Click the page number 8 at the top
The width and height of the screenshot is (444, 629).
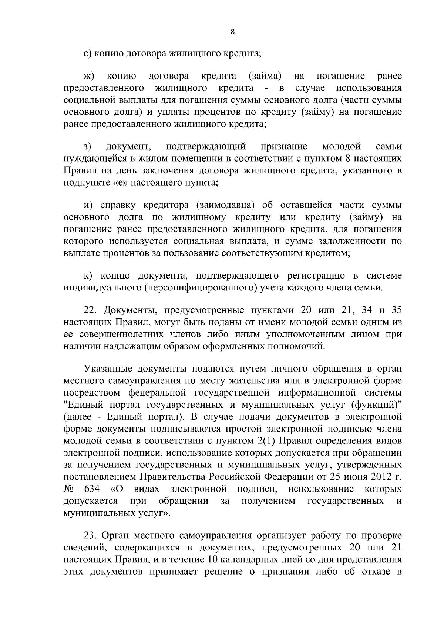232,32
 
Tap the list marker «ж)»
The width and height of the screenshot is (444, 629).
89,76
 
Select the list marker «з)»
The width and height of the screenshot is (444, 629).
88,147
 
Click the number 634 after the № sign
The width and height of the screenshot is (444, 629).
92,489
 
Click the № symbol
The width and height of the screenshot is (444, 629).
68,489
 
